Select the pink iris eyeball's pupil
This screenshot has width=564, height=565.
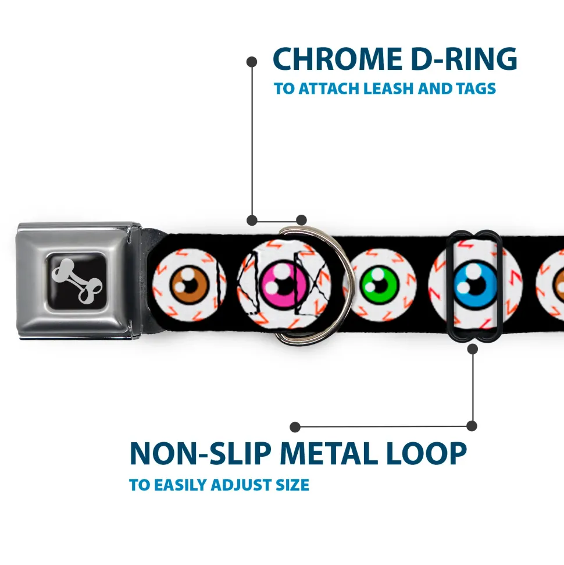click(285, 286)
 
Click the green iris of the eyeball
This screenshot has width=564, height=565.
click(379, 285)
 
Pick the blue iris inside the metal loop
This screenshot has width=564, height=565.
click(476, 285)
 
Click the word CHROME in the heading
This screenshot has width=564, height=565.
click(337, 59)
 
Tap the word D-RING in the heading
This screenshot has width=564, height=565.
click(464, 59)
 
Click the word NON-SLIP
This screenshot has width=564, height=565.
click(200, 453)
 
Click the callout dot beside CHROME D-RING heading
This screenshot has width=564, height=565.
click(252, 62)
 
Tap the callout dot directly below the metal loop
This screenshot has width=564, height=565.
click(472, 349)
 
